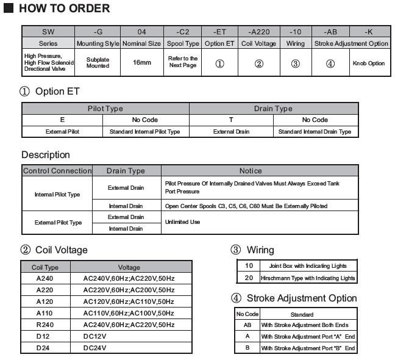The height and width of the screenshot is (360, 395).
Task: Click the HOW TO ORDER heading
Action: pyautogui.click(x=65, y=9)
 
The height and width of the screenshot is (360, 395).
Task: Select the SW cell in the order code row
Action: pyautogui.click(x=48, y=32)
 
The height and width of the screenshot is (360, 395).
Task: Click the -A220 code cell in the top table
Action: pyautogui.click(x=259, y=32)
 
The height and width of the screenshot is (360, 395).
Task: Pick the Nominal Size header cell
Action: pyautogui.click(x=142, y=43)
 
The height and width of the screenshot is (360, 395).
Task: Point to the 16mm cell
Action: pyautogui.click(x=142, y=63)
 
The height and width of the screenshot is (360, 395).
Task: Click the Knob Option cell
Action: pyautogui.click(x=368, y=63)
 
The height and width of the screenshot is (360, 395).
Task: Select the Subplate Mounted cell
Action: pyautogui.click(x=98, y=63)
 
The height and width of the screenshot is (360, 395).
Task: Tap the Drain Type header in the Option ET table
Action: pyautogui.click(x=272, y=109)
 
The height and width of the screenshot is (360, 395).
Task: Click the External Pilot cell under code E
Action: pyautogui.click(x=62, y=131)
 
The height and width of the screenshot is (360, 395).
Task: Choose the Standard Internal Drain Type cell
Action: pyautogui.click(x=315, y=131)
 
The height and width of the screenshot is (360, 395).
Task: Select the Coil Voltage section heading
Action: pyautogui.click(x=54, y=250)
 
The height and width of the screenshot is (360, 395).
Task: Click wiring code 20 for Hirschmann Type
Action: pyautogui.click(x=249, y=278)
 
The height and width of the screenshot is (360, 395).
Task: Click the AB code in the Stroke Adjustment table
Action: pyautogui.click(x=247, y=325)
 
